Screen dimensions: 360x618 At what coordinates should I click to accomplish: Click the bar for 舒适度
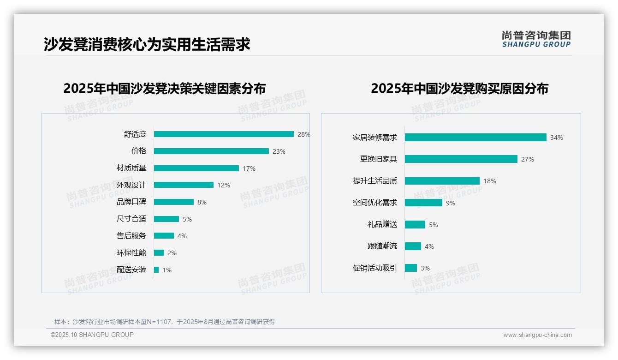[x=224, y=134]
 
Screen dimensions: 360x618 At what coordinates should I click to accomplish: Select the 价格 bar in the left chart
[x=211, y=151]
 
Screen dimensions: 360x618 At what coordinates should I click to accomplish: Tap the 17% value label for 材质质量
[x=249, y=168]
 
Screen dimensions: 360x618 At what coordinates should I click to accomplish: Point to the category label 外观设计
[x=131, y=185]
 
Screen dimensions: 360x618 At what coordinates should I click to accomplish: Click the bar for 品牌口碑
[x=174, y=202]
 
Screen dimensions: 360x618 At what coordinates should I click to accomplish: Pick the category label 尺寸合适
[x=131, y=219]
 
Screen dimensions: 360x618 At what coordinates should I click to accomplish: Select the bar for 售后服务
[x=164, y=236]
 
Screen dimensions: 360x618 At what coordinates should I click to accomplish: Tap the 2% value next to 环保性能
[x=172, y=253]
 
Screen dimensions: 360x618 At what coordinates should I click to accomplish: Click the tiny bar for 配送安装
[x=156, y=270]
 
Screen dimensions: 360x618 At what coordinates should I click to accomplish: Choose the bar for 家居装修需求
[x=475, y=138]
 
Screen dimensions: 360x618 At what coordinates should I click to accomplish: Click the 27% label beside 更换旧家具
[x=528, y=159]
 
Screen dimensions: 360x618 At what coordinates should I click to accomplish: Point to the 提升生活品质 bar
[x=442, y=181]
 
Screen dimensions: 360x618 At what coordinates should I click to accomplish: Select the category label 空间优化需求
[x=375, y=203]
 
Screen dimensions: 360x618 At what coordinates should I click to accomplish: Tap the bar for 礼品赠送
[x=415, y=224]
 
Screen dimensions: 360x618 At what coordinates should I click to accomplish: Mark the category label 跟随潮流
[x=382, y=246]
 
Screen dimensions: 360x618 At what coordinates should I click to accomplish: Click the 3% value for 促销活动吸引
[x=425, y=268]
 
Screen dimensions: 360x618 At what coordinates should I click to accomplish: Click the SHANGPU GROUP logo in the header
[x=536, y=39]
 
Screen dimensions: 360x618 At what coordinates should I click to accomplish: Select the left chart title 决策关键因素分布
[x=165, y=88]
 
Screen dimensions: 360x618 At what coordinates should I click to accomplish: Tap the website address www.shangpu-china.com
[x=537, y=335]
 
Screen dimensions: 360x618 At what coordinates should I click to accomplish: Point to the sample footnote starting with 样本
[x=165, y=322]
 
